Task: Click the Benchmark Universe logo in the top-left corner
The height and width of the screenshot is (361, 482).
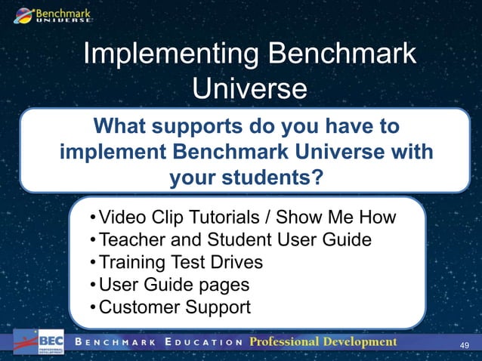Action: [50, 14]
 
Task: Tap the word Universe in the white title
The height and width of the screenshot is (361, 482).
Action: [249, 88]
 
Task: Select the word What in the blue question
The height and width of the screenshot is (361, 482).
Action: [118, 125]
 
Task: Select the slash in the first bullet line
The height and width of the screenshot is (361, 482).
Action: [270, 219]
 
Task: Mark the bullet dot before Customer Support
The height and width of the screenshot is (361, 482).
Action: [91, 307]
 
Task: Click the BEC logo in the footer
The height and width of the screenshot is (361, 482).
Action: [38, 342]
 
